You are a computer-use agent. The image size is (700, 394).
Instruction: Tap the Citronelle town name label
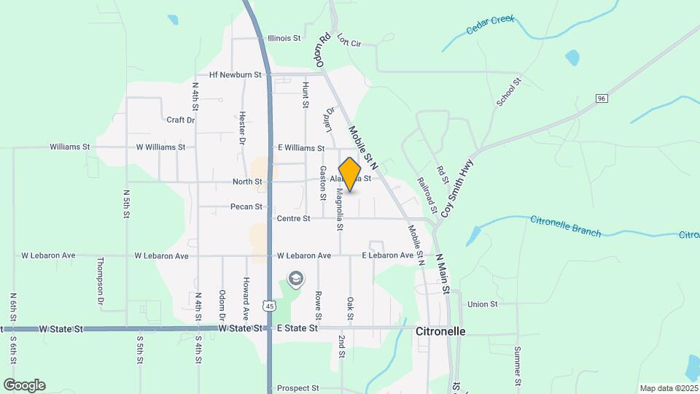pyautogui.click(x=440, y=331)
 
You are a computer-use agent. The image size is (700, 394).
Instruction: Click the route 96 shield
pyautogui.click(x=602, y=98)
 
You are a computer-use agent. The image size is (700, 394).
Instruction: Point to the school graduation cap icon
pyautogui.click(x=295, y=279)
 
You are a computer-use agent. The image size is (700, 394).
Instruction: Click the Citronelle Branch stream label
pyautogui.click(x=566, y=226)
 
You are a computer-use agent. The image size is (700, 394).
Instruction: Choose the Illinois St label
pyautogui.click(x=284, y=38)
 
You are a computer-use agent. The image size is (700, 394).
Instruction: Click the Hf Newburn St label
pyautogui.click(x=235, y=74)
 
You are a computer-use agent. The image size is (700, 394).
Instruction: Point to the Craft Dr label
pyautogui.click(x=181, y=120)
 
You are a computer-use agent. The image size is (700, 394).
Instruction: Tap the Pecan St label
pyautogui.click(x=246, y=206)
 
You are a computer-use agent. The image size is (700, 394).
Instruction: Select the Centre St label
pyautogui.click(x=292, y=218)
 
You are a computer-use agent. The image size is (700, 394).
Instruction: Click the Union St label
pyautogui.click(x=482, y=304)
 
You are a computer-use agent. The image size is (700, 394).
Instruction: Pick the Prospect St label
pyautogui.click(x=294, y=388)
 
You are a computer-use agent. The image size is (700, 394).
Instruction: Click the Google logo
pyautogui.click(x=24, y=385)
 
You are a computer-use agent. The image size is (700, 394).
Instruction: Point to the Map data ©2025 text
pyautogui.click(x=668, y=388)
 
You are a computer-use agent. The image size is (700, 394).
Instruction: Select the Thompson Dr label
pyautogui.click(x=101, y=281)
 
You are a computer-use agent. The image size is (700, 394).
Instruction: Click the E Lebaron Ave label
pyautogui.click(x=389, y=255)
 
